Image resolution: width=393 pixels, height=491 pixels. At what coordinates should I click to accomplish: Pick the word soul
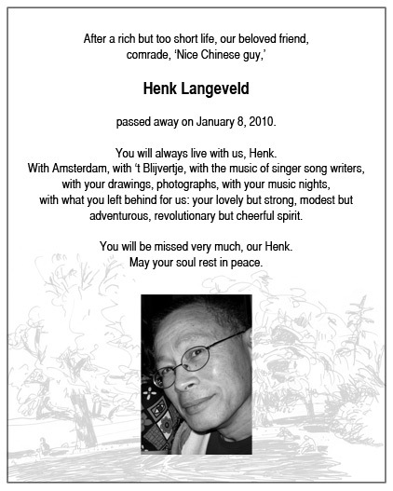(x=187, y=262)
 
